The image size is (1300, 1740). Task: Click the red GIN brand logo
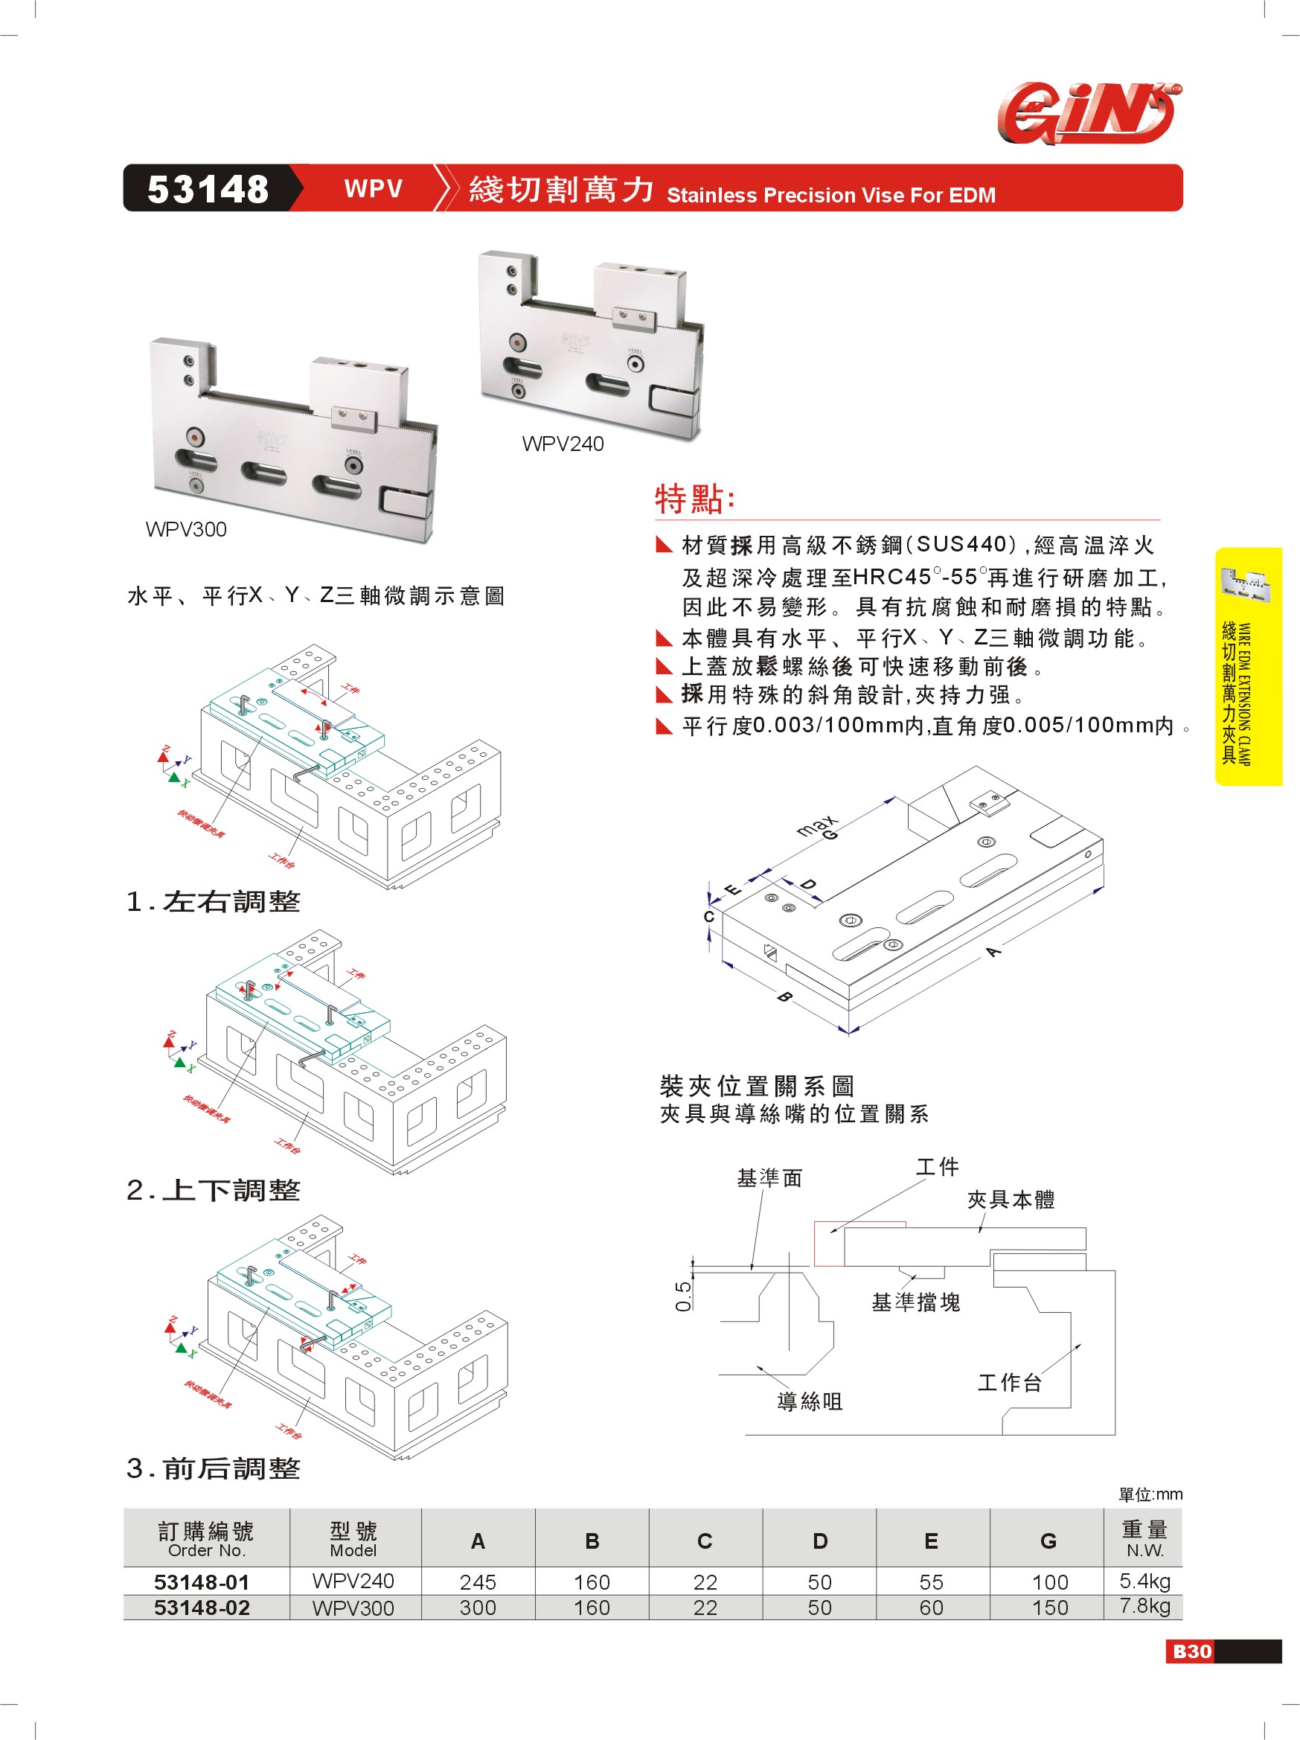coord(1089,113)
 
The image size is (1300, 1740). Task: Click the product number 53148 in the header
coord(208,189)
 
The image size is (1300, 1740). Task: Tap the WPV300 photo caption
coord(185,529)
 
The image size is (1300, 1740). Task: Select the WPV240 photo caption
coord(563,444)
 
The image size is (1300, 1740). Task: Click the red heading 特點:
coord(694,499)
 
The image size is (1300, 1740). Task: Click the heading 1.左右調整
coord(213,901)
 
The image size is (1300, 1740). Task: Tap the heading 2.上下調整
coord(213,1190)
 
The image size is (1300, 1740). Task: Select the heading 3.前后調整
coord(213,1468)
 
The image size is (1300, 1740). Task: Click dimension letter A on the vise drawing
coord(993,952)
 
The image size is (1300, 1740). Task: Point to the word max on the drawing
coord(816,826)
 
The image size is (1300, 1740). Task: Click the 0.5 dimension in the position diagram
coord(683,1296)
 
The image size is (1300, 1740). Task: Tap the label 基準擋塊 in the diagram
coord(915,1302)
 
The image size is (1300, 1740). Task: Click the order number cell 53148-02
coord(202,1607)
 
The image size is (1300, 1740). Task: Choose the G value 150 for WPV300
coord(1049,1607)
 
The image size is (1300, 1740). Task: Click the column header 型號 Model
coord(353,1538)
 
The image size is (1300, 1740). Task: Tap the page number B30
coord(1191,1651)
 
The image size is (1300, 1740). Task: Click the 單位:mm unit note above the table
coord(1150,1494)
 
